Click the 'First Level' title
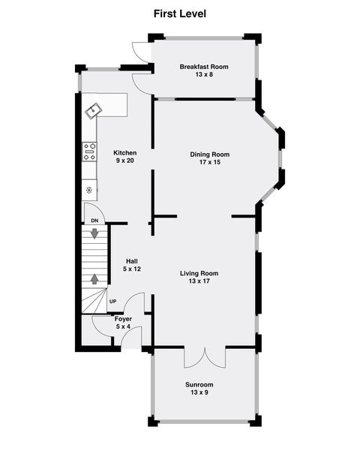(x=180, y=14)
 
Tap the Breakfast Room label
(x=204, y=67)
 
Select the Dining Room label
(x=209, y=155)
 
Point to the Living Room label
(x=204, y=273)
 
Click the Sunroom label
(x=199, y=385)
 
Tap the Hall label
(x=131, y=261)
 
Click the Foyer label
(x=123, y=319)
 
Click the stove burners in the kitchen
(x=90, y=152)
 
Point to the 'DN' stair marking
(x=94, y=221)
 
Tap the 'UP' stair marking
(x=113, y=302)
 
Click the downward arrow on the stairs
(x=95, y=233)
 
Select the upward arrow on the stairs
(x=95, y=278)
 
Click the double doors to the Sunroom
(x=205, y=357)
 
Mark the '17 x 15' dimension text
(x=209, y=162)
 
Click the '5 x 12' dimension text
(x=131, y=269)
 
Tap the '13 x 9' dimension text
(x=199, y=392)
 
